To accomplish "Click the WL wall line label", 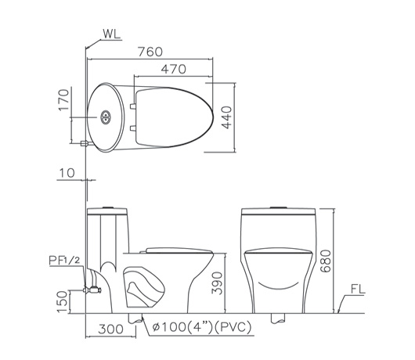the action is click(x=111, y=34).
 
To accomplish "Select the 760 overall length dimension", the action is click(x=150, y=52).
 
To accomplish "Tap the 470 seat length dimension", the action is click(x=174, y=69).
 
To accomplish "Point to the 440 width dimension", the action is click(x=226, y=117).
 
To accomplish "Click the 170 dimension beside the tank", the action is click(x=63, y=99).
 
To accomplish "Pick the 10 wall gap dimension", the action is click(x=67, y=173).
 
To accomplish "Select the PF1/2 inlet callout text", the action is click(x=64, y=261).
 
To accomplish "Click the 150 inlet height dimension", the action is click(x=63, y=302).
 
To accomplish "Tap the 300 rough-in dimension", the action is click(x=110, y=329).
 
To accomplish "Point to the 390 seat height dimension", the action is click(x=217, y=283).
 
